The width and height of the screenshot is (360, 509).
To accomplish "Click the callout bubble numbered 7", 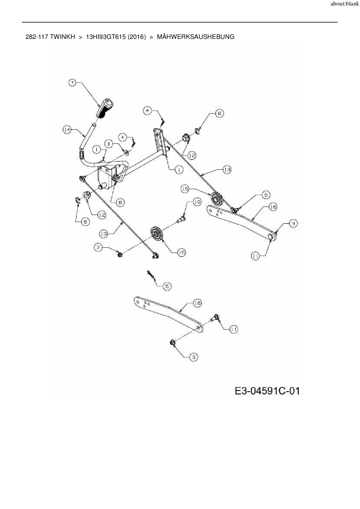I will tap(72, 83).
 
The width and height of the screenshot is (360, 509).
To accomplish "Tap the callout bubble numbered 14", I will tap(67, 129).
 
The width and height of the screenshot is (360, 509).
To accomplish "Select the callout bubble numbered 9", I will tap(109, 143).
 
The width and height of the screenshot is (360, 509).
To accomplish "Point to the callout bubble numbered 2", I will tap(98, 247).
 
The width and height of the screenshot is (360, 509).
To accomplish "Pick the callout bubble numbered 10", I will tap(197, 202).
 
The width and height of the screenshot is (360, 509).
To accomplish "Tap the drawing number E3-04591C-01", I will tap(267, 391).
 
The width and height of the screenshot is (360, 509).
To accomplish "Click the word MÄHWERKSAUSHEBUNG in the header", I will tap(195, 37).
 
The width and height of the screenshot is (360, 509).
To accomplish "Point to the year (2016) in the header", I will tap(136, 37).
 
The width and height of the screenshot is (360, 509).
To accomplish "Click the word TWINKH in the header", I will tap(62, 37).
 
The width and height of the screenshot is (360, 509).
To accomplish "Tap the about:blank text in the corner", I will tap(345, 4).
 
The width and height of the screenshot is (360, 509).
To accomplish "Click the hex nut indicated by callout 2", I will tap(119, 255).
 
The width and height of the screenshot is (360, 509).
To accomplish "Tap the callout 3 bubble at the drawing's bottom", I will tap(194, 357).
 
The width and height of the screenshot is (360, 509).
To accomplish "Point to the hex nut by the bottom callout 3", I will tap(172, 343).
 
